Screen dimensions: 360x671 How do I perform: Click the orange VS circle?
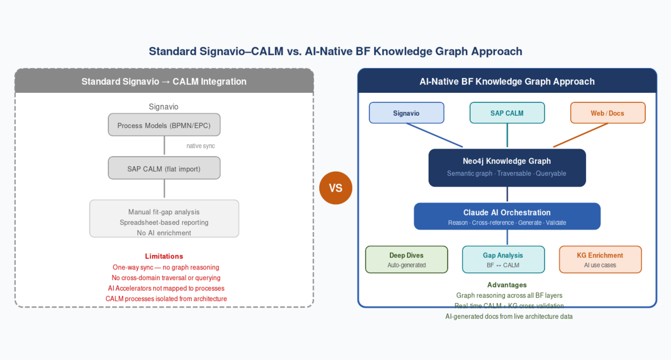click(335, 188)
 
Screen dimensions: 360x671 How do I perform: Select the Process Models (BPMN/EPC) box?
click(164, 125)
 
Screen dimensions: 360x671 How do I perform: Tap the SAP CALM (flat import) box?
click(164, 168)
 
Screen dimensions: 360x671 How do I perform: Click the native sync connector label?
click(200, 146)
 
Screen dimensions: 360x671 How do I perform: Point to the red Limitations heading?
click(164, 256)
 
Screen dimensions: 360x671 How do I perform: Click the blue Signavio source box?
click(407, 113)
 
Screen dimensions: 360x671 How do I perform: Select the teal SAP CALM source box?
click(507, 113)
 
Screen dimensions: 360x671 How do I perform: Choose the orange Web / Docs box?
click(608, 113)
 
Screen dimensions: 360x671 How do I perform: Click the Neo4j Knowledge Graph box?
click(507, 167)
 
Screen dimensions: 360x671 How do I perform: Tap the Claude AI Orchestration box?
click(507, 216)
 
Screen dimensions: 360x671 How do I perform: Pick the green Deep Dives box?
click(407, 259)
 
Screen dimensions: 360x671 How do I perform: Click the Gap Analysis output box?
click(503, 259)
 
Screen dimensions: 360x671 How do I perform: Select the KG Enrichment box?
click(600, 259)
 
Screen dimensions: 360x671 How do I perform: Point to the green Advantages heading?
click(507, 285)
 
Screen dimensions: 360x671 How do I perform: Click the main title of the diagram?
click(335, 51)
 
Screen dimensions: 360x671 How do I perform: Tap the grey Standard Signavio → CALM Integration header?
click(164, 82)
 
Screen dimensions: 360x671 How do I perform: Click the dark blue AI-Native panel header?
click(507, 82)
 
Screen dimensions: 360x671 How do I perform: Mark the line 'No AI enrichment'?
click(164, 233)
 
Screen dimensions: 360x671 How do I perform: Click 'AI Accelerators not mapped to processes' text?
click(166, 288)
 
